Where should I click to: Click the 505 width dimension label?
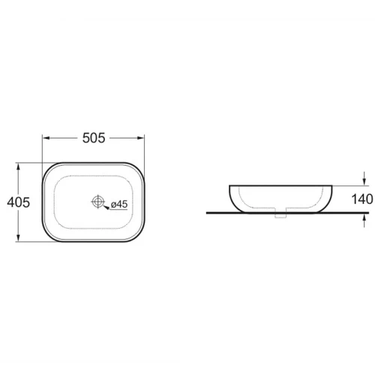tap(94, 138)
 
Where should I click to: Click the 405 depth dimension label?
tap(18, 202)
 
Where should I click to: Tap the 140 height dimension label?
tap(362, 199)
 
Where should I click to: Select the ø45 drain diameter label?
tap(119, 204)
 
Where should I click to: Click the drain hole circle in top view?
tap(97, 201)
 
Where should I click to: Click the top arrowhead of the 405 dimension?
tap(18, 167)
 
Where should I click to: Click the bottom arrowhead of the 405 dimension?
tap(18, 237)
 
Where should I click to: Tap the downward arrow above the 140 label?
tap(364, 178)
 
